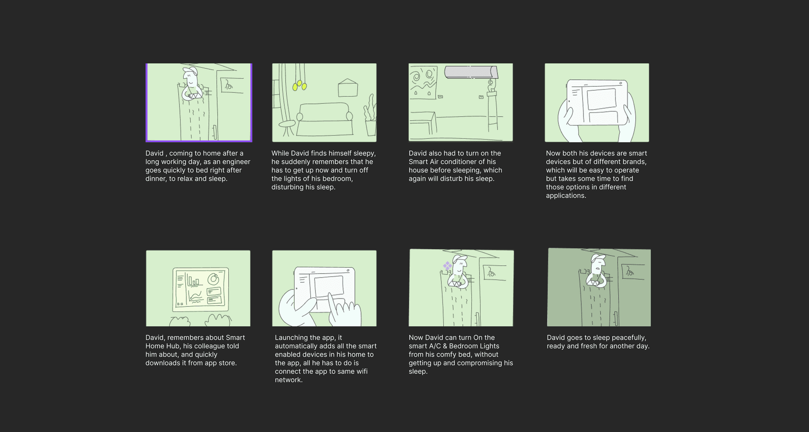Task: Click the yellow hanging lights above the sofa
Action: click(299, 85)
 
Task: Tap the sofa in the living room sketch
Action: click(324, 118)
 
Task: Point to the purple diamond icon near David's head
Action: click(447, 266)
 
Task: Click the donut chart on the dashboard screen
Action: click(214, 279)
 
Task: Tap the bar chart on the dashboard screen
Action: click(194, 281)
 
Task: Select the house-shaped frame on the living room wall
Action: click(348, 88)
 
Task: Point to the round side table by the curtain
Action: click(287, 124)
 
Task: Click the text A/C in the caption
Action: click(435, 346)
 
